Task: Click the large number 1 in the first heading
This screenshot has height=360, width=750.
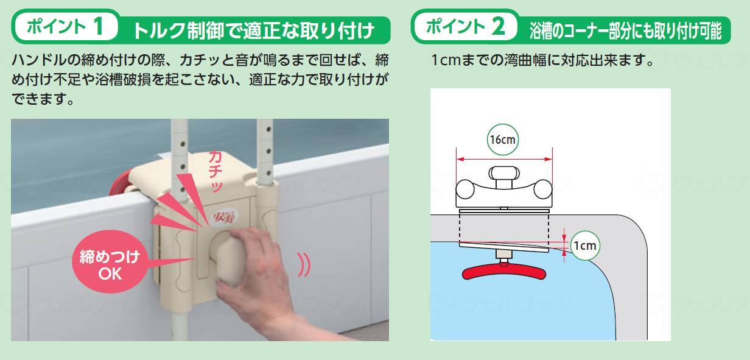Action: point(100,27)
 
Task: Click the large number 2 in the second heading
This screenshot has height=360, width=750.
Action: point(497,27)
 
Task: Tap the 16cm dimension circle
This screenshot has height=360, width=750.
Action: point(503,139)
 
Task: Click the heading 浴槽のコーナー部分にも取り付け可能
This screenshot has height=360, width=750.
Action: point(623,30)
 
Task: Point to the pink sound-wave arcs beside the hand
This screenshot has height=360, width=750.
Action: point(303,266)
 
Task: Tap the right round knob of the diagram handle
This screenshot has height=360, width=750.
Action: point(542,189)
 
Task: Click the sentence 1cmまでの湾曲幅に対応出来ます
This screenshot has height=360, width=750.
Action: point(542,62)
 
